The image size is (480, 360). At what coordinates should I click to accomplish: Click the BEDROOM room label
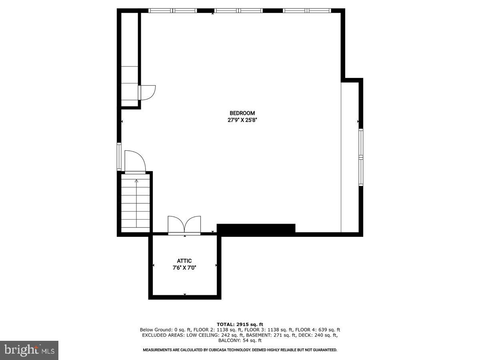tap(242, 113)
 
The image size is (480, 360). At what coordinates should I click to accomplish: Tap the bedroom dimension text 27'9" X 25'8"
tap(242, 120)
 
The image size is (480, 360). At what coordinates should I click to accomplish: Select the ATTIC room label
tap(184, 261)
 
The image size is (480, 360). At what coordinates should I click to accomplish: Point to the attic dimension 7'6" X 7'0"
tap(184, 268)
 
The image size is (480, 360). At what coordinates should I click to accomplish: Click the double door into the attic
tap(184, 225)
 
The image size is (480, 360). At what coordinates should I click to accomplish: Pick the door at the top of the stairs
tap(135, 162)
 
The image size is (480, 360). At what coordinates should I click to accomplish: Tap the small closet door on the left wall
tap(147, 92)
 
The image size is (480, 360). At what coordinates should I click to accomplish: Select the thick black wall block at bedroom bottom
tap(256, 229)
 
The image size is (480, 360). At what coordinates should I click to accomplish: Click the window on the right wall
tap(361, 157)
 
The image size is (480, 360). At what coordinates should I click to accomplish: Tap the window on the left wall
tap(119, 156)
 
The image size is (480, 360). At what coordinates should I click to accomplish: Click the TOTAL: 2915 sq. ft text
tap(240, 324)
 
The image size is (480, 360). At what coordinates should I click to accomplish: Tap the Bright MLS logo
tap(29, 350)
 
